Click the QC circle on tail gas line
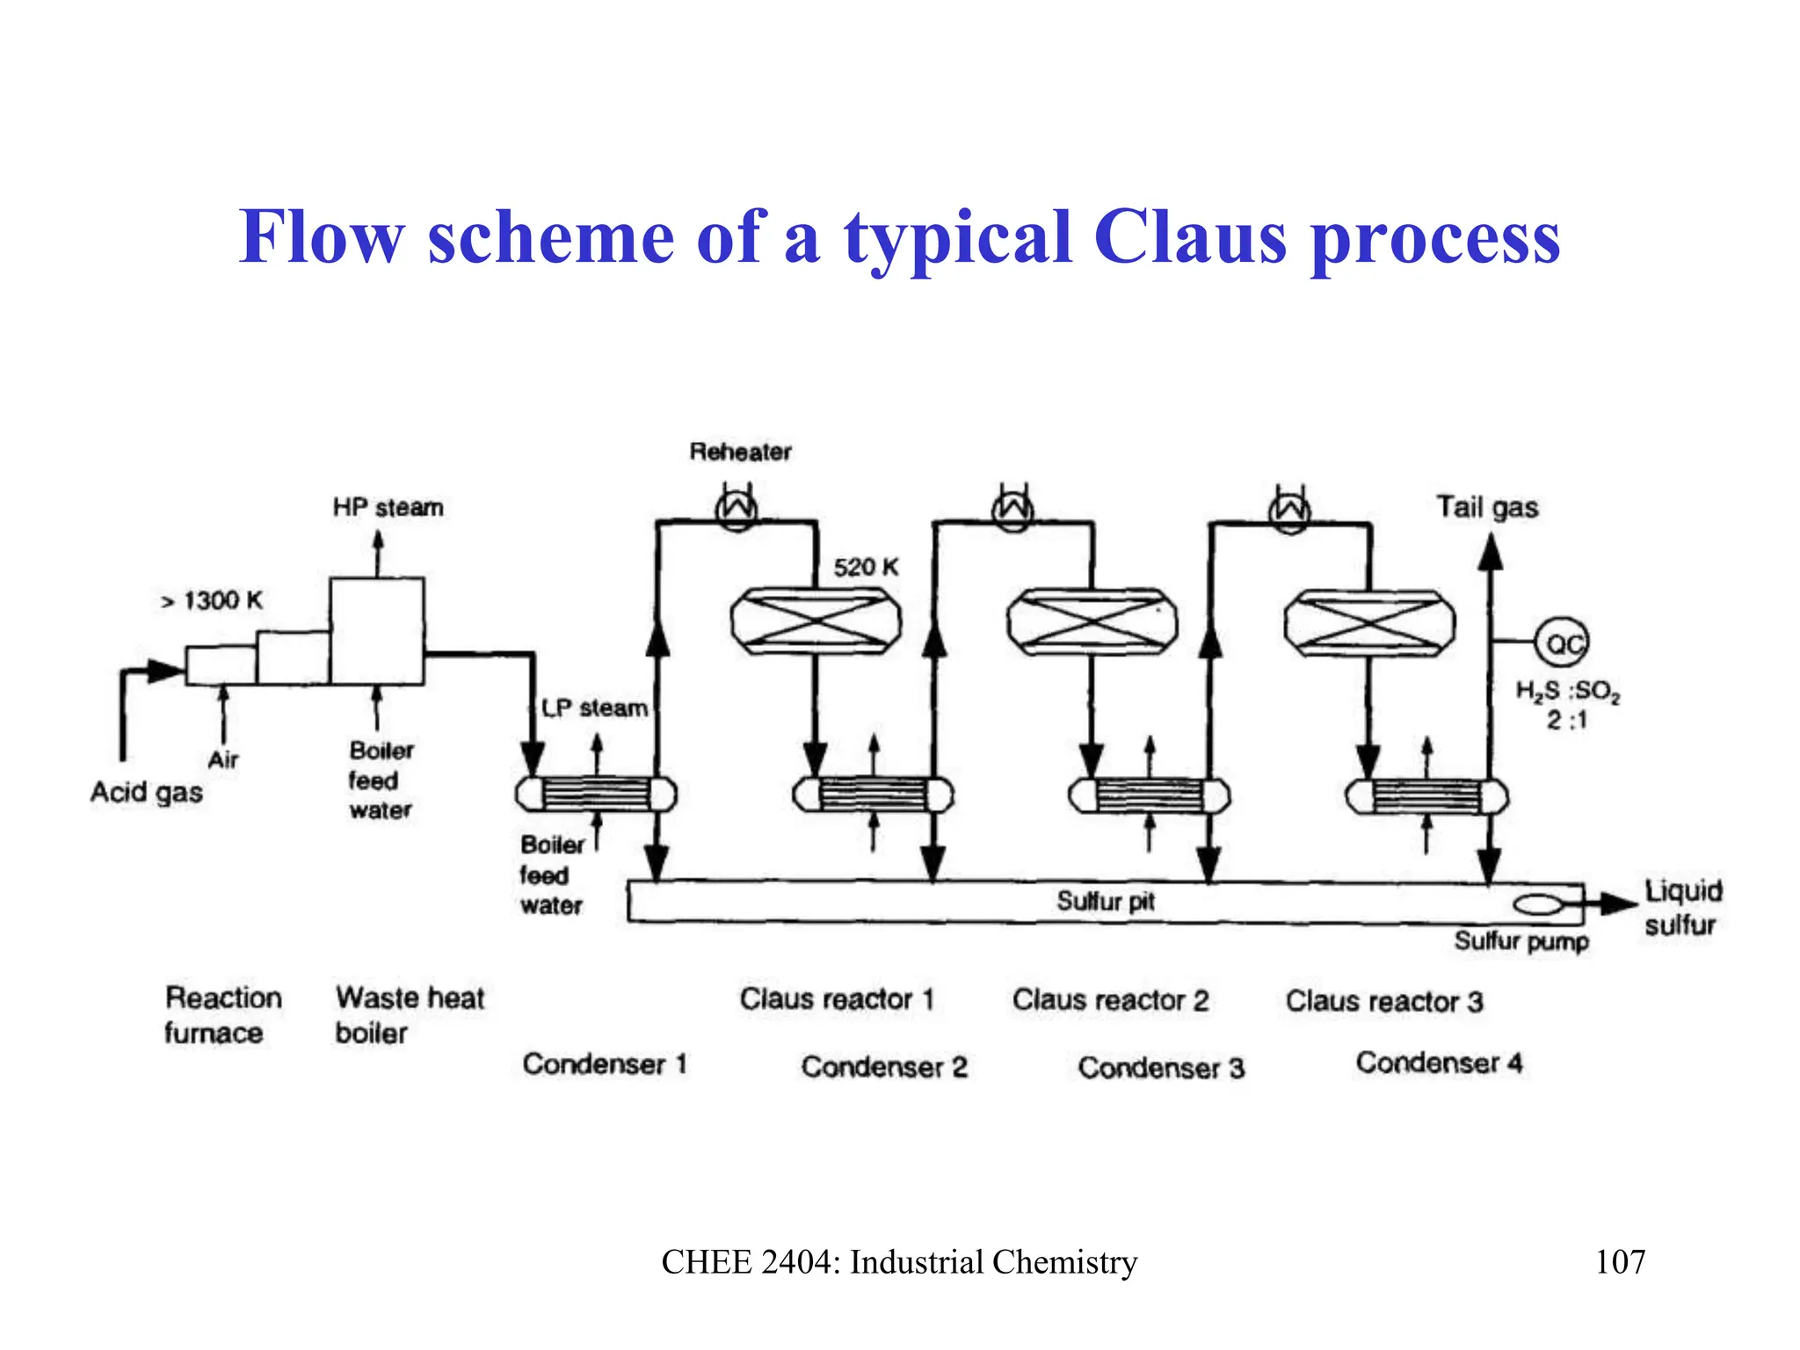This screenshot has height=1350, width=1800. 1562,644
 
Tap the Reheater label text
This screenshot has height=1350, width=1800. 740,452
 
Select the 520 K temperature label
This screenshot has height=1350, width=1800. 866,567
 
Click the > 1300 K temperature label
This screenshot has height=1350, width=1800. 212,601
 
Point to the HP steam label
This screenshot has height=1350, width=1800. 388,507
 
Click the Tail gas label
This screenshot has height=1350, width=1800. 1487,507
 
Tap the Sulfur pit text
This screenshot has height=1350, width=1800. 1105,901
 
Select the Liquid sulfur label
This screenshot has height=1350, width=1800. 1682,908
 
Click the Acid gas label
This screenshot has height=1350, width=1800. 147,792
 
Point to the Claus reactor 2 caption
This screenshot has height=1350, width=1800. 1110,1000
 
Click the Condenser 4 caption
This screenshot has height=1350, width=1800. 1439,1063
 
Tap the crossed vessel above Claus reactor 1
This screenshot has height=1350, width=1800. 817,621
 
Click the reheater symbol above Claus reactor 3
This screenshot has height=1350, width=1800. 1289,511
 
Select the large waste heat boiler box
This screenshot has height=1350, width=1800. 377,630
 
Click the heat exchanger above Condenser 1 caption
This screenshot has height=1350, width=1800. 596,795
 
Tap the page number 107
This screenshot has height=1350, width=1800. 1620,1262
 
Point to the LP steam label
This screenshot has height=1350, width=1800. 594,708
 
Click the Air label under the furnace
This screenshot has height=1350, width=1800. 223,759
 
